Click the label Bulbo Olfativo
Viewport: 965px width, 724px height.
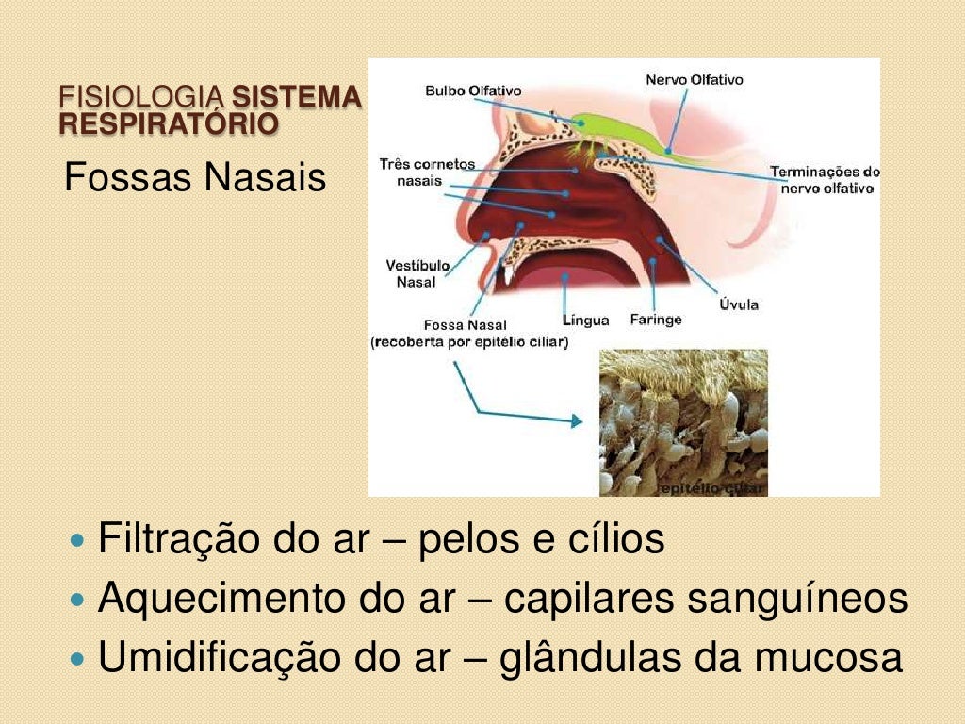point(473,91)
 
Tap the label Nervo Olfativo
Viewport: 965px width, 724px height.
point(694,80)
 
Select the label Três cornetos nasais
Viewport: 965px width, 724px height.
point(427,173)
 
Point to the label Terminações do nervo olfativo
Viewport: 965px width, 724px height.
point(825,180)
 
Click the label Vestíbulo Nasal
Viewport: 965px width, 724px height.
point(417,273)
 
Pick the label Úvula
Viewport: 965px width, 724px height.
point(739,304)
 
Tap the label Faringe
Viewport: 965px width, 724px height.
point(655,320)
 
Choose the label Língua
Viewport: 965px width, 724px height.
point(585,321)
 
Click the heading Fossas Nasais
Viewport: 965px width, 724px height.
point(195,177)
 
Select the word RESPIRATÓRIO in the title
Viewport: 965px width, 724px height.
point(169,123)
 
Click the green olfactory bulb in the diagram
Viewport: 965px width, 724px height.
point(613,127)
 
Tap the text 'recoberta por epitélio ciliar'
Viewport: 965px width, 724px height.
point(469,342)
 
